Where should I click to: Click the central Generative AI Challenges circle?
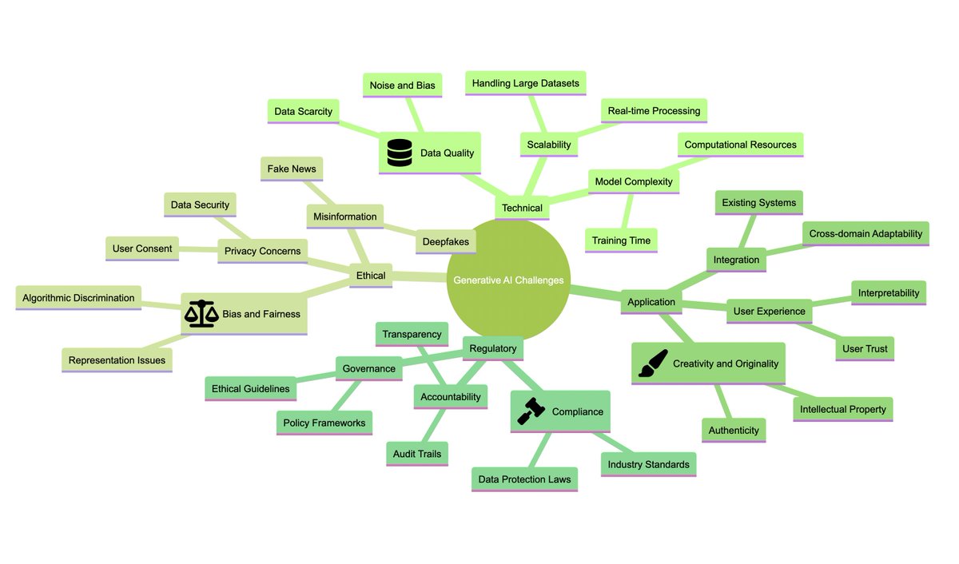(x=508, y=280)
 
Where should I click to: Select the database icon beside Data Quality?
(x=398, y=153)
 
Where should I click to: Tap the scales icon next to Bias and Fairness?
(x=201, y=313)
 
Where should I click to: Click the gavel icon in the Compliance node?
(x=531, y=411)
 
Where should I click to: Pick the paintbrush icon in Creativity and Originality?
(x=653, y=363)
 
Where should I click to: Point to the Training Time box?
(x=621, y=240)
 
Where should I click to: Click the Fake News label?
(x=292, y=169)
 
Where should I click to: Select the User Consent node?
(x=142, y=248)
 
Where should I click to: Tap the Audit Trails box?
(x=416, y=454)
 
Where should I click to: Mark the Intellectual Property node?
(x=842, y=409)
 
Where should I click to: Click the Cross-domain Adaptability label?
(x=865, y=233)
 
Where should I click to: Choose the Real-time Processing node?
(x=654, y=110)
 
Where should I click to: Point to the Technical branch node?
(x=522, y=208)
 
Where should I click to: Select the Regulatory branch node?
(x=493, y=348)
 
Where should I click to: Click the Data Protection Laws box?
(x=524, y=479)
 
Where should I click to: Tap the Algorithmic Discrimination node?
(x=78, y=298)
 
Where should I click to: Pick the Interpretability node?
(x=889, y=292)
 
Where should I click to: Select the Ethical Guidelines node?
(x=251, y=388)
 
